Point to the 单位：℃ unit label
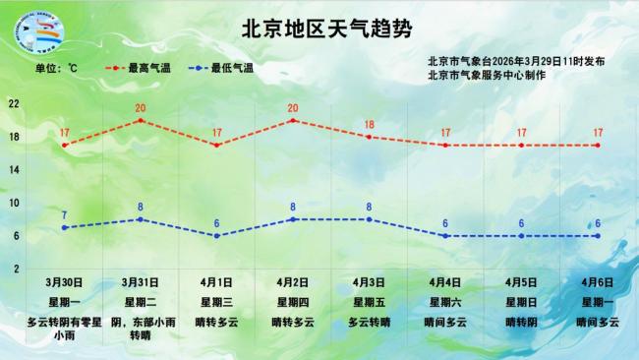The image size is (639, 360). [x=56, y=68]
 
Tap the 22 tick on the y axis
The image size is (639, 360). [x=14, y=103]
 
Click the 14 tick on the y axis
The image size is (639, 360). [x=14, y=169]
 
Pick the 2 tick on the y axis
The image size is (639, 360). [x=14, y=269]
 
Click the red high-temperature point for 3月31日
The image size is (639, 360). [x=141, y=120]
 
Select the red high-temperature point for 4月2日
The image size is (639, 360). [x=293, y=120]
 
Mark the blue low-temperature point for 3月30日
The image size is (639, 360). [x=64, y=227]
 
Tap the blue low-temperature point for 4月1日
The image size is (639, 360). [x=216, y=236]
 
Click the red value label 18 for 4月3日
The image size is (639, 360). [x=370, y=125]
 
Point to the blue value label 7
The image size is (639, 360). [x=64, y=215]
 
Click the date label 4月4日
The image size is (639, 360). [x=445, y=282]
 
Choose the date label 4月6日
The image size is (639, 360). [x=598, y=282]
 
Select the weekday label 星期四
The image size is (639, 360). [x=293, y=302]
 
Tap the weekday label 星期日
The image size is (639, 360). [x=521, y=302]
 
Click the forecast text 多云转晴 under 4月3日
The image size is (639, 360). [x=370, y=322]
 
